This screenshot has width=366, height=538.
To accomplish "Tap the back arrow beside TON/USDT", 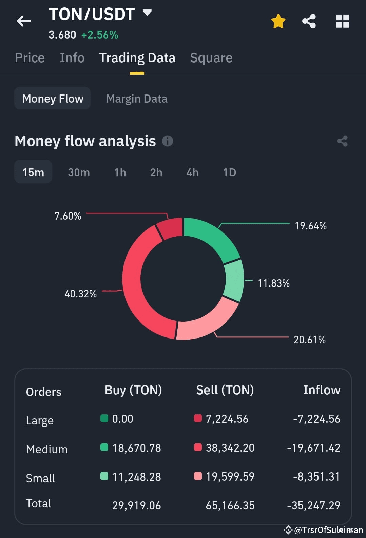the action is pos(24,21).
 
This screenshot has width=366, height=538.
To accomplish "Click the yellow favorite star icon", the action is pos(278,21).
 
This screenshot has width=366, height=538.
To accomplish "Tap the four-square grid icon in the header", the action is pos(343,21).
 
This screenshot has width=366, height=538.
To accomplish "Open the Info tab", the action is pos(72,58).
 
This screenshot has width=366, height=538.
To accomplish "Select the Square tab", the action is pos(211,58).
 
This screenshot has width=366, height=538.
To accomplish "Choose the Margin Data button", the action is pos(137,99).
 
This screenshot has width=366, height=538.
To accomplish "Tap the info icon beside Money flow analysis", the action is pos(168,141).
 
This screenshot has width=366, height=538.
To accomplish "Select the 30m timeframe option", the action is pos(79,172).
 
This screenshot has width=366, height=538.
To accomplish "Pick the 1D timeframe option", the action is pos(230,172).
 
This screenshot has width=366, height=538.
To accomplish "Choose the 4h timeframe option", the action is pos(192,172).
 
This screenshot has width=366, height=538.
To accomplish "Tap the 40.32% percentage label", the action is pos(80,294).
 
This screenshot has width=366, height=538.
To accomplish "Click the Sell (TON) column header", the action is pos(225,390).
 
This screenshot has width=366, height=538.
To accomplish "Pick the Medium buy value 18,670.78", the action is pos(137,448).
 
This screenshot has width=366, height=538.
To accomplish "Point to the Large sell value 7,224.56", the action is pos(227,419).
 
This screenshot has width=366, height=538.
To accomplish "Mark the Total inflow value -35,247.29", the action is pos(313,505).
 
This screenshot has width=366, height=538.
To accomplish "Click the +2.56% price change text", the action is pos(100,35).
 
